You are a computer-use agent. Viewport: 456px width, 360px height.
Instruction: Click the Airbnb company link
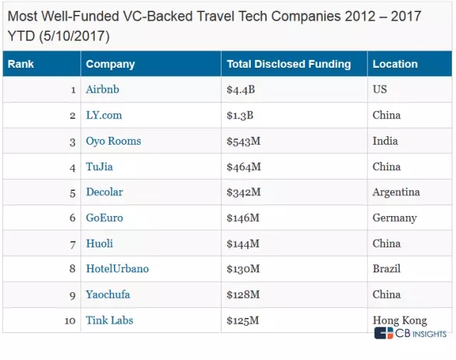pos(103,89)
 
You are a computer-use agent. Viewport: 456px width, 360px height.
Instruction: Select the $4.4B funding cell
pos(241,90)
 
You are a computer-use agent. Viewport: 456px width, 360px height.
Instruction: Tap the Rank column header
pos(21,63)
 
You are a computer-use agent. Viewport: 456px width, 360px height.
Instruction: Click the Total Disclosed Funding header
pos(289,64)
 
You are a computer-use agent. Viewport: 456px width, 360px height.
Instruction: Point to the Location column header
pos(395,63)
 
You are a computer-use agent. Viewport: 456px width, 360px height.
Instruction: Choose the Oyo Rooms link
pos(113,141)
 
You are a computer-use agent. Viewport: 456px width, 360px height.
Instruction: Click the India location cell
pos(385,141)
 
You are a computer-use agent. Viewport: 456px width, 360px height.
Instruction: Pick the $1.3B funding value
pos(240,115)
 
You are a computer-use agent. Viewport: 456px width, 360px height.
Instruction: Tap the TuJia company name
pos(99,167)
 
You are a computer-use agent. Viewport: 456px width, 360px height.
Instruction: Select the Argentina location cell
pos(396,192)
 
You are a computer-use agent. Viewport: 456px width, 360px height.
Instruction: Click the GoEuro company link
pos(105,217)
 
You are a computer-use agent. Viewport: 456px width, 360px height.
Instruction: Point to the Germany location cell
pos(395,218)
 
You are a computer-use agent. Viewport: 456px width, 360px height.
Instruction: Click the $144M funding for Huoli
pos(243,244)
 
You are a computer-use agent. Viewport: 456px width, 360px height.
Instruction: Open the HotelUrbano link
pos(117,268)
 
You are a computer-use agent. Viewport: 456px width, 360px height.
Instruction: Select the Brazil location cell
pos(386,268)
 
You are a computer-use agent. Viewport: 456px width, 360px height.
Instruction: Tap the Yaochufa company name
pos(108,294)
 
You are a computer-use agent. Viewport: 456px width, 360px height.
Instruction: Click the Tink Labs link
pos(109,320)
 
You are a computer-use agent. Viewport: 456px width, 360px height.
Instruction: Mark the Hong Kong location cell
pos(400,320)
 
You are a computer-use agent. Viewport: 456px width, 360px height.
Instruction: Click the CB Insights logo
pos(410,333)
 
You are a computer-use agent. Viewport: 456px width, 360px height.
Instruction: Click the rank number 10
pos(70,321)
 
